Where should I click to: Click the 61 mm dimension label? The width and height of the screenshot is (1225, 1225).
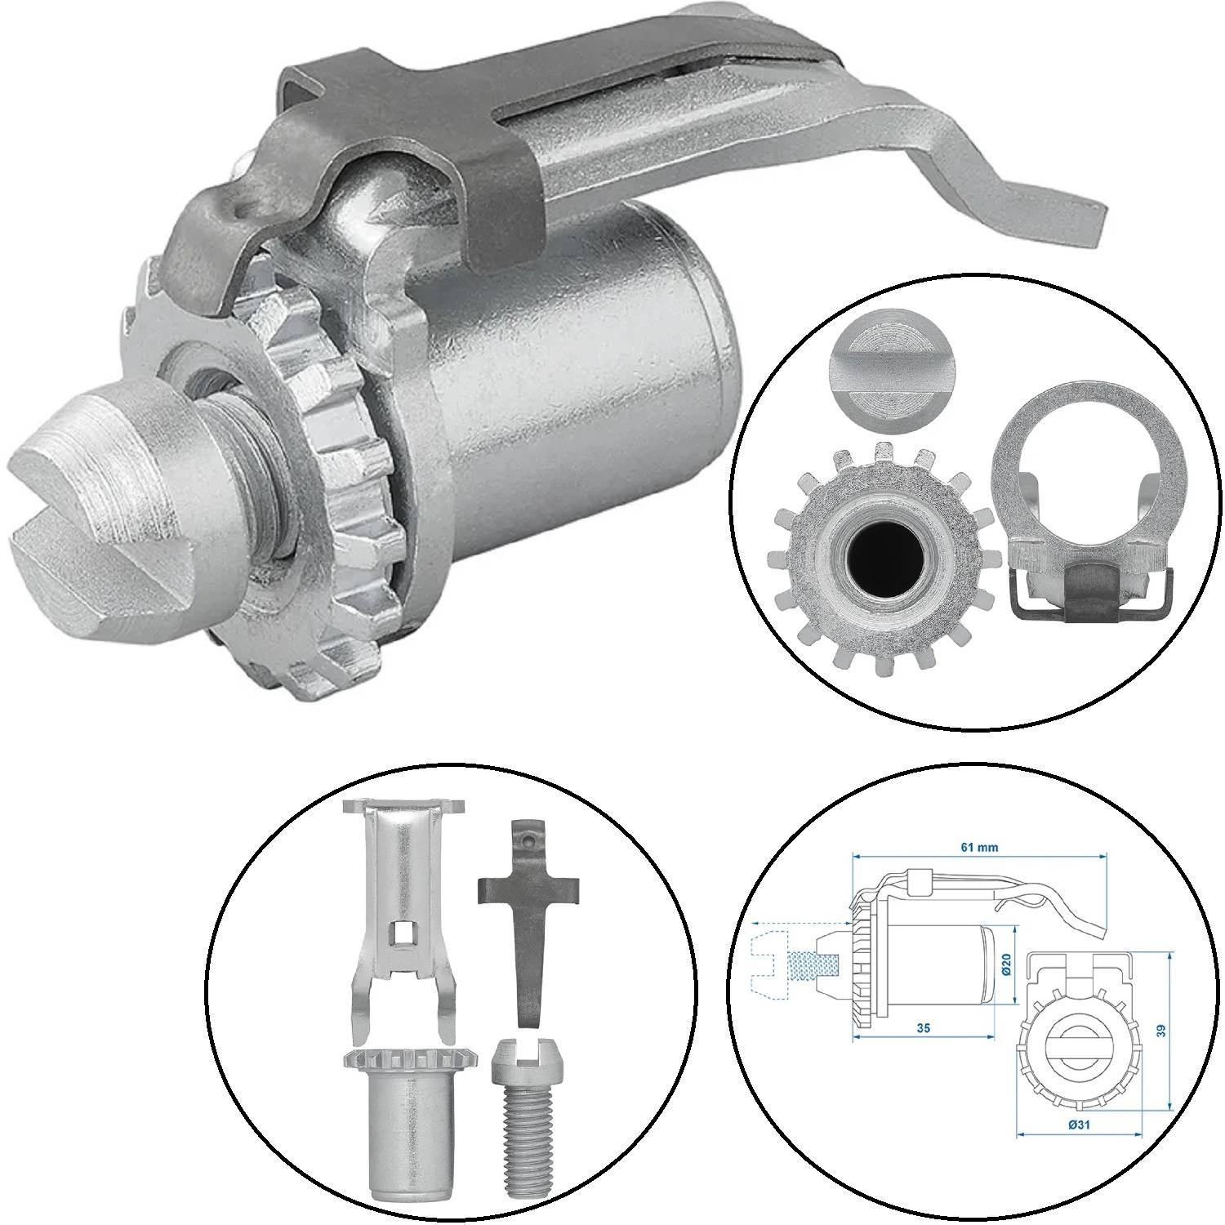(x=978, y=847)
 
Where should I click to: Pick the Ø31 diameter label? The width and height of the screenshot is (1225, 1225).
(x=1078, y=1125)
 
